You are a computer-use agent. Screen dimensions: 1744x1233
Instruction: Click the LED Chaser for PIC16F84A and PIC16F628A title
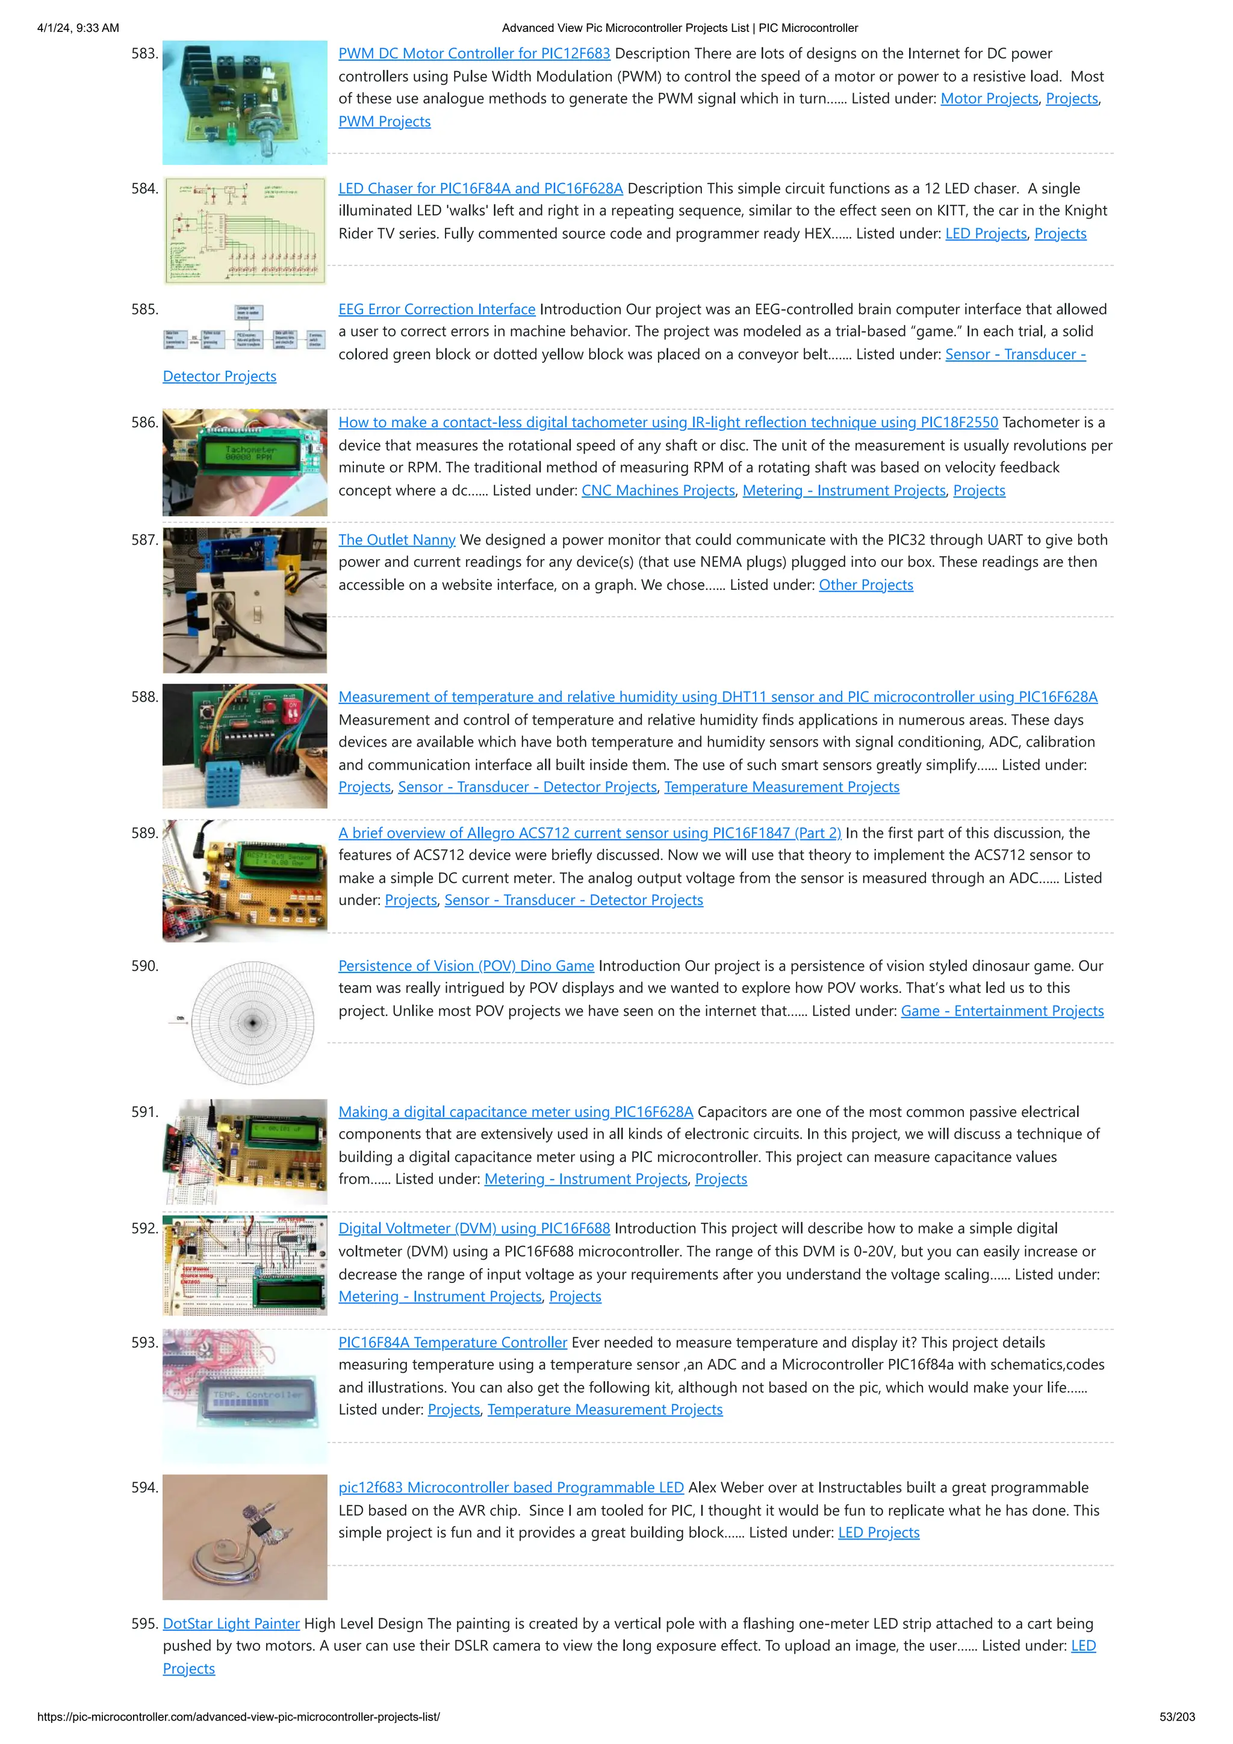pyautogui.click(x=480, y=188)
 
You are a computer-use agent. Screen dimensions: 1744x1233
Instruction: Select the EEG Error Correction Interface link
pyautogui.click(x=437, y=309)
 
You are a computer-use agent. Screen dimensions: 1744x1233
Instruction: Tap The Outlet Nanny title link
pyautogui.click(x=397, y=540)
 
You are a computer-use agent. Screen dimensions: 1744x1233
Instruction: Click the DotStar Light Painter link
pyautogui.click(x=231, y=1623)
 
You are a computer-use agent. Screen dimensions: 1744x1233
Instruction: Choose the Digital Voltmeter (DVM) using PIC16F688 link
pyautogui.click(x=474, y=1228)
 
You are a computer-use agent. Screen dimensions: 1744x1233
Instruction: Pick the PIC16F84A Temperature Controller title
pyautogui.click(x=453, y=1342)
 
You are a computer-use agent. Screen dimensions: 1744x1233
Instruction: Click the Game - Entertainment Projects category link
pyautogui.click(x=1001, y=1011)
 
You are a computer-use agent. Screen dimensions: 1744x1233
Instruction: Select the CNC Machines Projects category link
pyautogui.click(x=658, y=490)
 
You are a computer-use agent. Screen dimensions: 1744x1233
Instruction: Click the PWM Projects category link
pyautogui.click(x=385, y=122)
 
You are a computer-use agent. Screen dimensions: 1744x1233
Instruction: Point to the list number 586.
pyautogui.click(x=144, y=422)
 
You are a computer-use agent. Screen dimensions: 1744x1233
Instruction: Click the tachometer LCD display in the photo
pyautogui.click(x=250, y=454)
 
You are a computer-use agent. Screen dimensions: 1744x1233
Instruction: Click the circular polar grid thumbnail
pyautogui.click(x=252, y=1022)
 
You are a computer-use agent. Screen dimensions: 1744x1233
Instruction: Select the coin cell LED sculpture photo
pyautogui.click(x=244, y=1536)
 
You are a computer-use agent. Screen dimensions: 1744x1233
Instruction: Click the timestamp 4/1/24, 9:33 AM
pyautogui.click(x=78, y=28)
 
